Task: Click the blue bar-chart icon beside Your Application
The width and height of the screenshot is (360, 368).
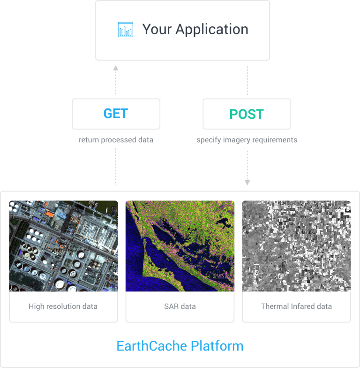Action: click(126, 30)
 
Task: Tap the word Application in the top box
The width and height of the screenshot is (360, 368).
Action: click(212, 30)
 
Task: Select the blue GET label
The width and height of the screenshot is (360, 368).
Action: click(116, 114)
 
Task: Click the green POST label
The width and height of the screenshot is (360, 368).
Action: click(247, 114)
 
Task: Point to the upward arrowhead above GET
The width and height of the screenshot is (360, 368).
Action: click(116, 68)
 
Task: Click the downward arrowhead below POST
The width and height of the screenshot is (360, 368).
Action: click(247, 183)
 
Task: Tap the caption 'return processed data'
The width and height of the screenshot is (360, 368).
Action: click(116, 140)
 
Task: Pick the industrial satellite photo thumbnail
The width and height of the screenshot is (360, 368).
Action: click(64, 246)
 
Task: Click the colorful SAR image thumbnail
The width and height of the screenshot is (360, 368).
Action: click(180, 246)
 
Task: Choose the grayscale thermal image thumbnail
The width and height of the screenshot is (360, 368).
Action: click(296, 246)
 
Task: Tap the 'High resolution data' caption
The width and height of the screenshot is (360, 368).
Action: click(63, 307)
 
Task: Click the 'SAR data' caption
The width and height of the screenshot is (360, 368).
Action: click(180, 307)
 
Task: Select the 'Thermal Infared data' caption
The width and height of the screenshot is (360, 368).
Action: click(296, 307)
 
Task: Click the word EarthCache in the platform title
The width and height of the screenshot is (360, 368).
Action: click(152, 346)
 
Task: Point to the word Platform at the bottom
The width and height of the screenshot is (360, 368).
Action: click(217, 346)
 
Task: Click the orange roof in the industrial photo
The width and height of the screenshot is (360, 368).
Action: click(50, 214)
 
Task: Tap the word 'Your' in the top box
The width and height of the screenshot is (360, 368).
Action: click(157, 29)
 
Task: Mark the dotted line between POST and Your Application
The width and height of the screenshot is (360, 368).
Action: click(247, 81)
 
